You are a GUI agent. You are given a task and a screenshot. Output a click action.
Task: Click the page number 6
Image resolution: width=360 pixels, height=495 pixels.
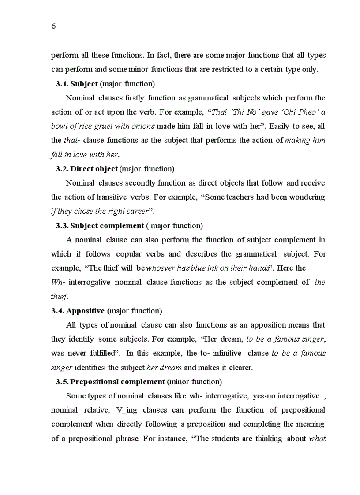tap(53, 26)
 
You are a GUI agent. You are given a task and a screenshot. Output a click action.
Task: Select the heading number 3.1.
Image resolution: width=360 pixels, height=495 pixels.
tap(62, 84)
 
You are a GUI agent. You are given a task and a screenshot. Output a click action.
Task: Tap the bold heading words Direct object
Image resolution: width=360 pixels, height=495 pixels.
tap(94, 169)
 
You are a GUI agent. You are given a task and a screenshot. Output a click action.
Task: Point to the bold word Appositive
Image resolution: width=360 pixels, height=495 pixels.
tap(86, 311)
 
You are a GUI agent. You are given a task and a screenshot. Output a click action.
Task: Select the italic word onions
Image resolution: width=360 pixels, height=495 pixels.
tap(143, 126)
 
